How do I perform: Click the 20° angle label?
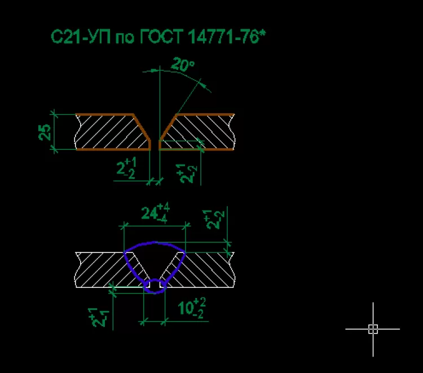[x=183, y=65]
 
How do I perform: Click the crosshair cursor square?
[x=373, y=329]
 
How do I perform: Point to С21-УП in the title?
[x=80, y=38]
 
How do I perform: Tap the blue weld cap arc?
[x=155, y=243]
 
